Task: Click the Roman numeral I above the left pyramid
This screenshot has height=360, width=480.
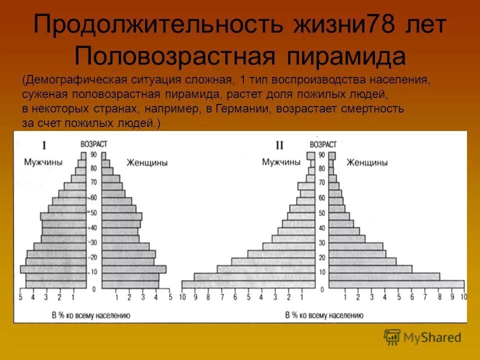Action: click(x=44, y=145)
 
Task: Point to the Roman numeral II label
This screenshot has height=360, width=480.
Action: click(x=279, y=145)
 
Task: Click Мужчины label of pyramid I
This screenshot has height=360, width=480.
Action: click(x=43, y=162)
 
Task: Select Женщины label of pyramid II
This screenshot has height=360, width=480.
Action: click(x=367, y=162)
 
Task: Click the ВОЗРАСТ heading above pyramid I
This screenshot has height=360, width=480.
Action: click(x=93, y=144)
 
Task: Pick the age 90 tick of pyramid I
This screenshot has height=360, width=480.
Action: click(x=93, y=154)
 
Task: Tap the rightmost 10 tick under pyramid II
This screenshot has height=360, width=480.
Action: click(x=463, y=297)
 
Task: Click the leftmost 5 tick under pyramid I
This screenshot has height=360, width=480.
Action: click(x=20, y=297)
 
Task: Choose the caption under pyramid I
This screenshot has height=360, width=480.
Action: click(x=91, y=315)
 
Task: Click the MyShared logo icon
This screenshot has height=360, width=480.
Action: click(x=392, y=337)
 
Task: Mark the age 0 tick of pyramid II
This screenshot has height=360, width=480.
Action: click(x=322, y=289)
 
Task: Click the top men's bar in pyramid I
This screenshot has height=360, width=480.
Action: click(x=83, y=155)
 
